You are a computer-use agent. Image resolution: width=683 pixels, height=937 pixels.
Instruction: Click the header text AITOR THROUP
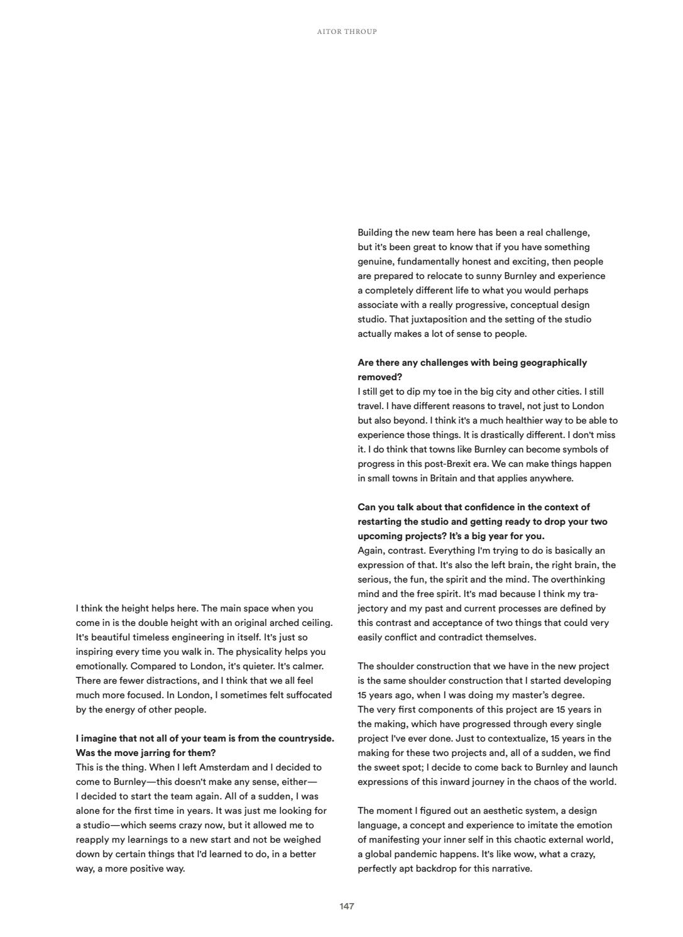pyautogui.click(x=347, y=31)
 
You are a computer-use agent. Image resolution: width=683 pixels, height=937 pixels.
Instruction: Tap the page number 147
pyautogui.click(x=347, y=906)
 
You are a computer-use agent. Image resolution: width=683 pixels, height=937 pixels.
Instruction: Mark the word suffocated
pyautogui.click(x=309, y=695)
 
